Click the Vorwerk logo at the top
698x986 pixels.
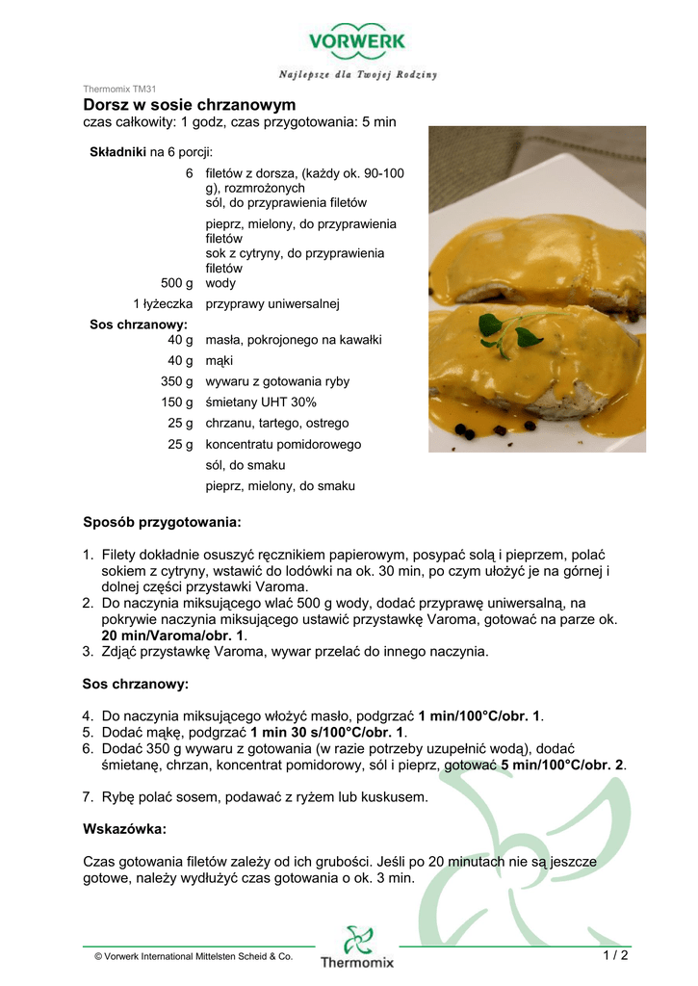(x=356, y=41)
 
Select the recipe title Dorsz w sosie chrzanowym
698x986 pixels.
(x=190, y=104)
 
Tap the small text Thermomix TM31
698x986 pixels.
(x=119, y=89)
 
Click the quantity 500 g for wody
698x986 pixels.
(x=176, y=283)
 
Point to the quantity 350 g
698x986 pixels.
(x=176, y=381)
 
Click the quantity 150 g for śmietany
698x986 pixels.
(x=176, y=402)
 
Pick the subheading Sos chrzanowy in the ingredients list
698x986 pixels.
(x=139, y=324)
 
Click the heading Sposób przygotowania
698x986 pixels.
(x=162, y=523)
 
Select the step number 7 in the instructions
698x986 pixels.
(x=88, y=797)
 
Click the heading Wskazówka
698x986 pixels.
(x=125, y=828)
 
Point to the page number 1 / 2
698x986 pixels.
(x=615, y=955)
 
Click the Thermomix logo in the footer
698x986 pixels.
(x=357, y=947)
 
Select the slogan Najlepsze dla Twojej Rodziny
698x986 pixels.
(x=358, y=74)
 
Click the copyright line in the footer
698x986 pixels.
(x=194, y=956)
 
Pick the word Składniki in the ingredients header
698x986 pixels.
(x=117, y=152)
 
